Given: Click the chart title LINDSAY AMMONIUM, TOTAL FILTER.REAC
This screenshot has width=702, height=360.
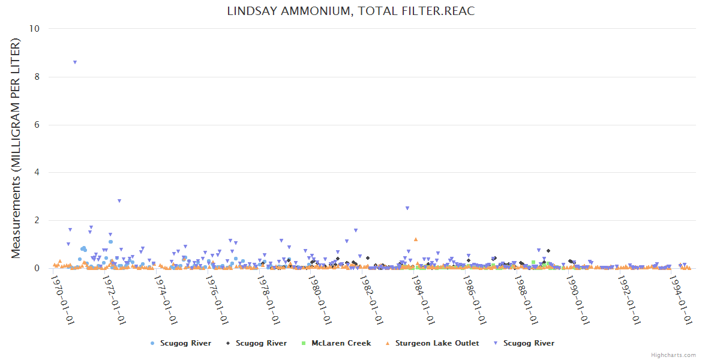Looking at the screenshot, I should click(x=351, y=11).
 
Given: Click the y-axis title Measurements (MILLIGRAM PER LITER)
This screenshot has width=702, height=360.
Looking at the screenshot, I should click(x=16, y=148).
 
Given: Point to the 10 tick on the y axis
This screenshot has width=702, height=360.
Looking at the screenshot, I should click(x=35, y=29).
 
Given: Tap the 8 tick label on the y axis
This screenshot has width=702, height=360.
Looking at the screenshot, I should click(x=38, y=77).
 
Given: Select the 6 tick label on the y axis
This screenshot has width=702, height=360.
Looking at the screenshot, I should click(x=38, y=125).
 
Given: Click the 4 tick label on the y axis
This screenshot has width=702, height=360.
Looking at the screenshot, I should click(x=38, y=173).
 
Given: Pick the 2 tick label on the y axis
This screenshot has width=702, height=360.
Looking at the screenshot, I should click(x=38, y=221).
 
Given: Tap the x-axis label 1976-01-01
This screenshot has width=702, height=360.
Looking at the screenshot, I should click(x=217, y=299).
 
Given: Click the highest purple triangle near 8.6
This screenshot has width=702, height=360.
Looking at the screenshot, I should click(x=74, y=62).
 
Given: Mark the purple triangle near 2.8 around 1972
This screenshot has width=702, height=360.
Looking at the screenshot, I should click(x=119, y=201).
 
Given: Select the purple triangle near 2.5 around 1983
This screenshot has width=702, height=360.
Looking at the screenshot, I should click(x=407, y=208).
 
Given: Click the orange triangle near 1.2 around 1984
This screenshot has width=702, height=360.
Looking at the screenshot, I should click(x=415, y=239).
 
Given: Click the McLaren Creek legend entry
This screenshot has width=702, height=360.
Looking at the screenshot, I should click(x=341, y=343).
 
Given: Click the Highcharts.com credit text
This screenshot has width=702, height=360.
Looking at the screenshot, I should click(x=673, y=355).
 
